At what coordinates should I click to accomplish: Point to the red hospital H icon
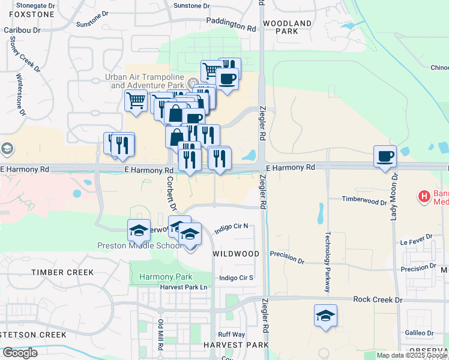click(424, 196)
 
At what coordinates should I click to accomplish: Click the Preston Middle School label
click(139, 245)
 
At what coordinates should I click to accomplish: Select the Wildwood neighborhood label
click(237, 254)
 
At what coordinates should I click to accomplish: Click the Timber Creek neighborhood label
click(63, 272)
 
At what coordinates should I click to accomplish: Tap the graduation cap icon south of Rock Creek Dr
click(325, 316)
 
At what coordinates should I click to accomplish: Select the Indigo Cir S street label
click(237, 278)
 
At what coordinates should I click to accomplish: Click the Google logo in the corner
click(20, 353)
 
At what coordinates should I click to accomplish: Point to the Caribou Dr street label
click(22, 29)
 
